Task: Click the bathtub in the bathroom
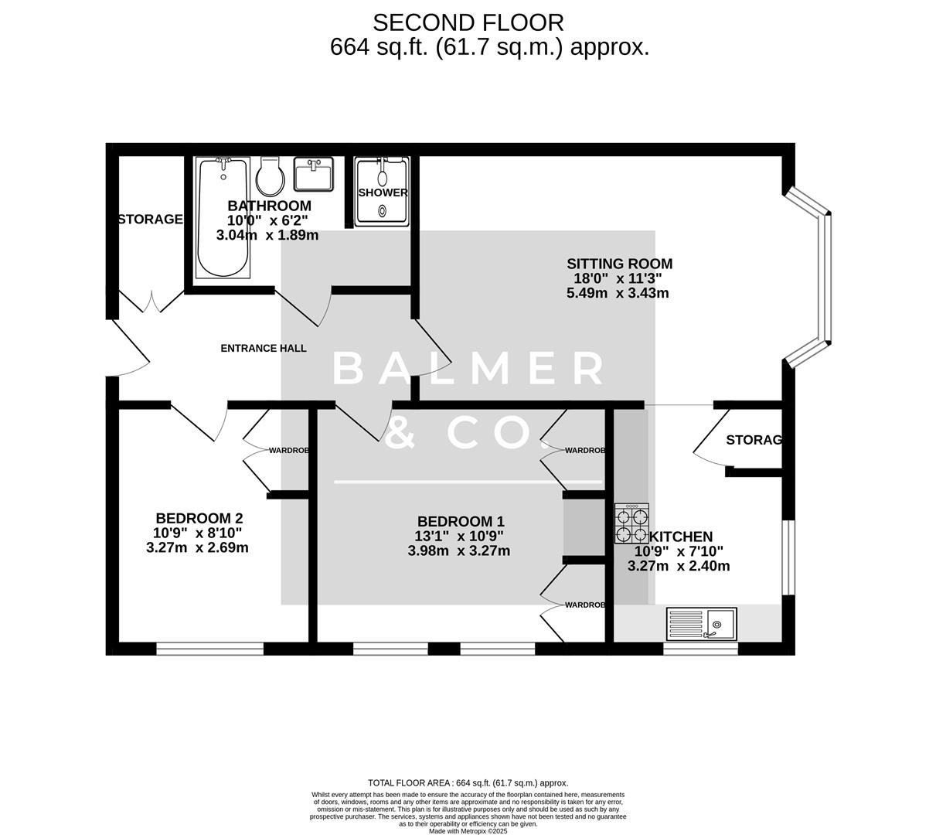[x=223, y=218]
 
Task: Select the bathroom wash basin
[x=314, y=174]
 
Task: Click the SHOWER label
[x=383, y=193]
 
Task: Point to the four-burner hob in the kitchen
[x=631, y=525]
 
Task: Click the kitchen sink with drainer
[x=702, y=623]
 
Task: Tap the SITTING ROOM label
[x=619, y=264]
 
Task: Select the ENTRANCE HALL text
[x=264, y=348]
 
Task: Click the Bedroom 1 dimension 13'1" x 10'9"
[x=460, y=537]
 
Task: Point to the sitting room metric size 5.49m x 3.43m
[x=618, y=293]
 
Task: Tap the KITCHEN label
[x=681, y=537]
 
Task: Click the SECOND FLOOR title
[x=468, y=22]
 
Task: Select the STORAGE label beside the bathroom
[x=150, y=220]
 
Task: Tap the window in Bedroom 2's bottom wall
[x=209, y=648]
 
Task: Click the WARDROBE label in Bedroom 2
[x=289, y=450]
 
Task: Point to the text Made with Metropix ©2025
[x=468, y=831]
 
